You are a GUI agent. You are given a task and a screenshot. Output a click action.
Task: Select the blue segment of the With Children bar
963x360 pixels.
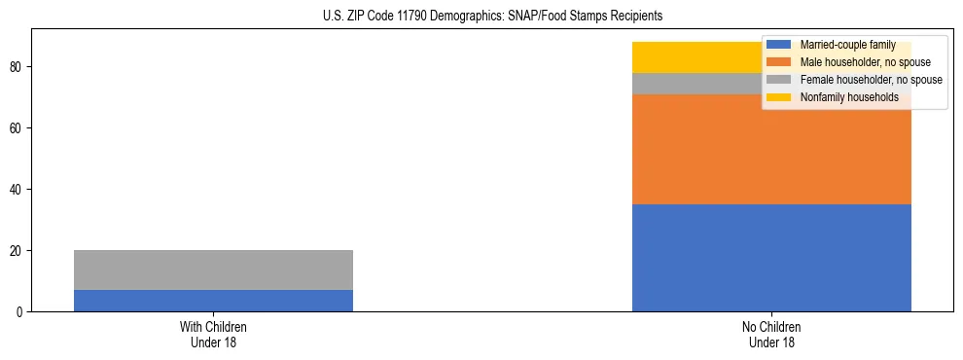pos(213,301)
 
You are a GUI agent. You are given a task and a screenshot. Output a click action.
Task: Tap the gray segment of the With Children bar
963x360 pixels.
pos(213,270)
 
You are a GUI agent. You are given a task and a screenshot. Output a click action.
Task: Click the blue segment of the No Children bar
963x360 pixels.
pos(771,258)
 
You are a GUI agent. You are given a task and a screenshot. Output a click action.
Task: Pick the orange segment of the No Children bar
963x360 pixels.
pos(700,149)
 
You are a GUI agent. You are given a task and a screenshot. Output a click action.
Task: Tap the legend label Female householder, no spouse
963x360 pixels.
pos(871,80)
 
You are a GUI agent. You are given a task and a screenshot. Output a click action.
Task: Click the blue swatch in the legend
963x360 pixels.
pos(780,45)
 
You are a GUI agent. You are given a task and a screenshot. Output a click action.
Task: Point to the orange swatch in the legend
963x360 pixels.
pos(780,62)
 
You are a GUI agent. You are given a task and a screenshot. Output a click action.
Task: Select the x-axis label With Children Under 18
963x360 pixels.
pos(213,334)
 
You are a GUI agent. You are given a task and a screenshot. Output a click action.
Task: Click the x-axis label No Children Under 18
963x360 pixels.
pos(771,334)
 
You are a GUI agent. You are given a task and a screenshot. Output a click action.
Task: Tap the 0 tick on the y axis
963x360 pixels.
pos(18,311)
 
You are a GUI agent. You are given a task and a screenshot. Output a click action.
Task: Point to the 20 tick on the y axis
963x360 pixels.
pos(16,250)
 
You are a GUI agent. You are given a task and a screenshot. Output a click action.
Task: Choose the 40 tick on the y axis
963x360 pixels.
pos(16,189)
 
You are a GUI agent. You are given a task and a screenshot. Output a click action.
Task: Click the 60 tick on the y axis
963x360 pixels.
pos(16,127)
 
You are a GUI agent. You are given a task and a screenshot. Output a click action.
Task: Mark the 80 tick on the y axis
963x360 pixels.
pos(16,67)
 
